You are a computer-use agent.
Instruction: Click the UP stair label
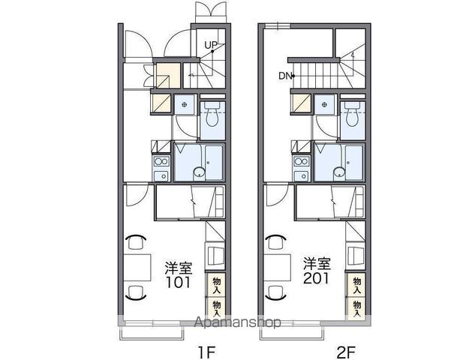point(211,46)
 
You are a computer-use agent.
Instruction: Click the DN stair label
point(284,76)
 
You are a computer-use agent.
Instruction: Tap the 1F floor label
point(206,352)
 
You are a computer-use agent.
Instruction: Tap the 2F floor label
point(346,352)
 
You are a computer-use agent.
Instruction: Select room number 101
point(178,283)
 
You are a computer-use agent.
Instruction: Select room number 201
point(317,279)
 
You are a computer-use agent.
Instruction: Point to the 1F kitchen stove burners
point(161,161)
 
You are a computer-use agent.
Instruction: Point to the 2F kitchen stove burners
point(302,161)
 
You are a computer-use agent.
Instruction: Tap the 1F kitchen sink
point(161,175)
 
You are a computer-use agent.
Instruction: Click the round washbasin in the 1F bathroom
point(199,172)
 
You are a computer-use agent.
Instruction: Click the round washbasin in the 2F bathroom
point(339,172)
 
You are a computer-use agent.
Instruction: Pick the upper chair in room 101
point(135,241)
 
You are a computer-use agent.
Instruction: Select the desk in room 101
point(137,267)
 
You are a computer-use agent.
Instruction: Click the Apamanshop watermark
point(237,322)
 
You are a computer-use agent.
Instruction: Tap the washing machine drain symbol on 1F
point(184,105)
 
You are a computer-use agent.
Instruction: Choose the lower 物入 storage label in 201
point(357,308)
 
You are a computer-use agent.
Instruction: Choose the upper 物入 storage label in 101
point(217,285)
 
